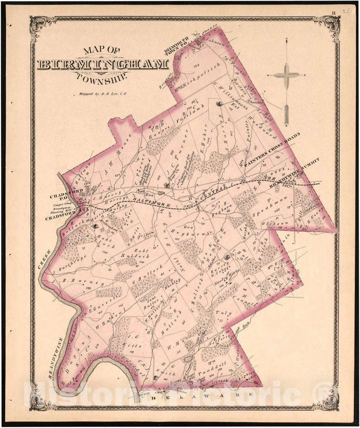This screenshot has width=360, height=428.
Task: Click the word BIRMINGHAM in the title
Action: [x=103, y=64]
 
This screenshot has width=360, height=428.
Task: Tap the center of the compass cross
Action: [x=287, y=75]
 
